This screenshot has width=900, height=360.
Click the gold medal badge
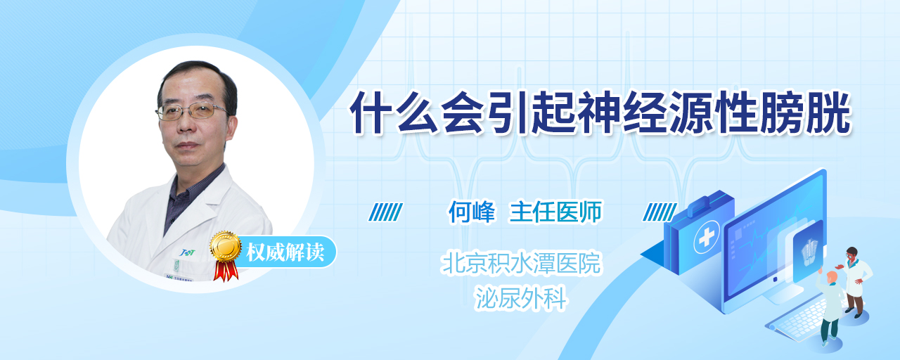click(x=226, y=245)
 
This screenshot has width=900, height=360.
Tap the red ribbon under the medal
click(x=226, y=270)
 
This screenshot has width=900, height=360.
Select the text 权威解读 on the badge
click(x=285, y=252)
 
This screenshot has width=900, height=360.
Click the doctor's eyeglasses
click(x=191, y=111)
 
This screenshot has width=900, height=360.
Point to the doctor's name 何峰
click(x=472, y=212)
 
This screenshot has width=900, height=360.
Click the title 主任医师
click(x=555, y=212)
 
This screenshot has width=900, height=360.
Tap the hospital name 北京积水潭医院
click(x=521, y=263)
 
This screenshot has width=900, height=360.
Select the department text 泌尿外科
click(x=521, y=299)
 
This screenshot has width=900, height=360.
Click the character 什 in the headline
click(x=371, y=112)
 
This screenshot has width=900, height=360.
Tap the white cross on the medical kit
click(x=706, y=238)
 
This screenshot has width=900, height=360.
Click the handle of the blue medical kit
click(x=704, y=203)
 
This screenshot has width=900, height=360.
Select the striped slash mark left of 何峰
click(x=385, y=212)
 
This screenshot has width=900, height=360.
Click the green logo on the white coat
click(x=187, y=252)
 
